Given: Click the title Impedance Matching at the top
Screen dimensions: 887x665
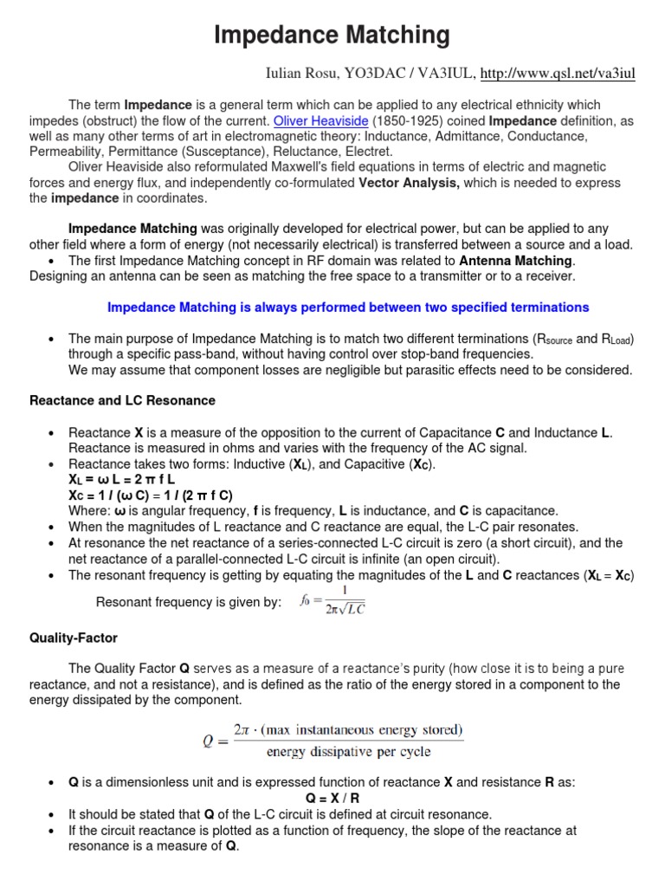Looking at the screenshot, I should point(332,36).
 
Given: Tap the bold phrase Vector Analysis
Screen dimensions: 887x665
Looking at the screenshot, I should point(409,182).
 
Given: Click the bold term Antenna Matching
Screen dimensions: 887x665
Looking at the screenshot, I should point(515,261).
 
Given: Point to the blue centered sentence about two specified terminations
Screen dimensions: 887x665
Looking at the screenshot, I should point(347,308).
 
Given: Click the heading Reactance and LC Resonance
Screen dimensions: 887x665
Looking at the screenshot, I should point(122,401).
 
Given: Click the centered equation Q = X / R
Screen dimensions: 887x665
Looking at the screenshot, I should point(332,799).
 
